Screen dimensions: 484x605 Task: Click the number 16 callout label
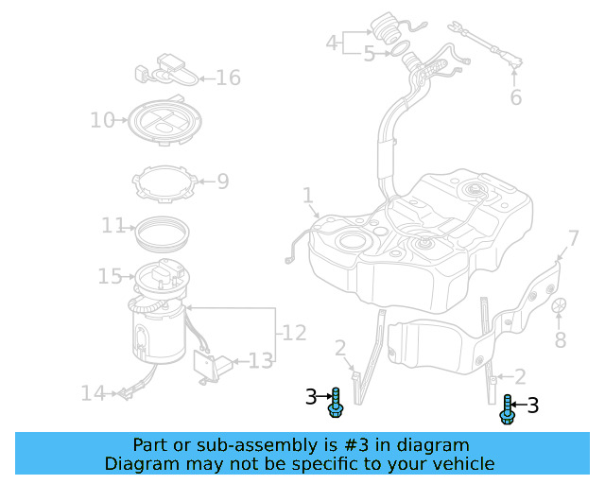click(x=228, y=78)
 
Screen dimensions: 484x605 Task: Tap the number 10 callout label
click(x=102, y=120)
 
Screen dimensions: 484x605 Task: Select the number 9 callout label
click(x=223, y=181)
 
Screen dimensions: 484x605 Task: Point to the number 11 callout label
click(x=113, y=226)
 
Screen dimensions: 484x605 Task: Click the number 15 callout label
click(x=110, y=276)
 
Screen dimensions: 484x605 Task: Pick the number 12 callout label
click(x=294, y=333)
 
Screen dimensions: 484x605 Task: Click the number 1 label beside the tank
click(x=307, y=196)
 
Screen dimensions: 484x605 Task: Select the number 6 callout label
click(x=515, y=97)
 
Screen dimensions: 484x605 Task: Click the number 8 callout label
click(x=560, y=340)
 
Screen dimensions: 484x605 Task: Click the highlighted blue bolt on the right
click(x=508, y=408)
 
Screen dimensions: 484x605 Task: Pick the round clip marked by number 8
click(x=559, y=305)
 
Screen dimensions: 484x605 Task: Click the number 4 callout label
click(x=331, y=43)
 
